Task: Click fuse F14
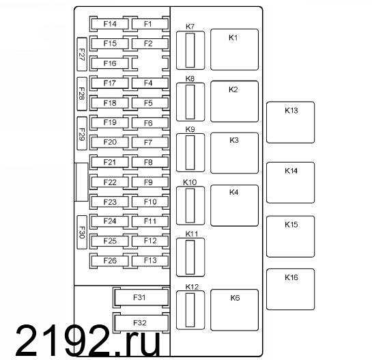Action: coord(110,24)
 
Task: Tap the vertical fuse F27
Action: coord(82,55)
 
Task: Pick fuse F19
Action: coord(110,123)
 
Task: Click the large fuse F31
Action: coord(141,297)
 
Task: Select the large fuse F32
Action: coord(141,322)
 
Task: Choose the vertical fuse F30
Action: coord(82,232)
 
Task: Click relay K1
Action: coord(234,50)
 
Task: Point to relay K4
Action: coord(234,206)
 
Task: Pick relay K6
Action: coord(234,310)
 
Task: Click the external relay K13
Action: coord(290,122)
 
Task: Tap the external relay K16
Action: coord(290,289)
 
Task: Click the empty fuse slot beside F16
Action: coord(150,64)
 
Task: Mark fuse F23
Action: coord(110,202)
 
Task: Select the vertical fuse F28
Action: coord(82,94)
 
